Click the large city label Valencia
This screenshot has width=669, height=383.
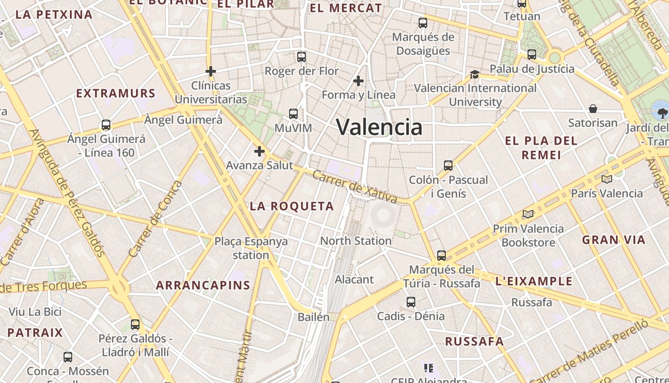pyautogui.click(x=379, y=127)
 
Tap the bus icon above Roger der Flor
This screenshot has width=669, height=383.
pyautogui.click(x=302, y=57)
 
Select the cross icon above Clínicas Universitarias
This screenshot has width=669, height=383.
pyautogui.click(x=211, y=71)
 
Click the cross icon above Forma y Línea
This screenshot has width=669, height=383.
pyautogui.click(x=358, y=81)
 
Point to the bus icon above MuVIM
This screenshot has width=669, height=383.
pyautogui.click(x=293, y=114)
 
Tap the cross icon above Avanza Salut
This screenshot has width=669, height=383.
pyautogui.click(x=259, y=151)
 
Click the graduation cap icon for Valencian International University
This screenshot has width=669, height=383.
pyautogui.click(x=475, y=74)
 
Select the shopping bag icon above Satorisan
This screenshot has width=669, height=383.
pyautogui.click(x=593, y=109)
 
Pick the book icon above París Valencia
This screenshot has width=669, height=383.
pyautogui.click(x=607, y=180)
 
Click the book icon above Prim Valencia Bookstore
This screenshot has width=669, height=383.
pyautogui.click(x=528, y=214)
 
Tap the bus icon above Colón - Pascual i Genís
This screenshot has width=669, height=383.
pyautogui.click(x=448, y=166)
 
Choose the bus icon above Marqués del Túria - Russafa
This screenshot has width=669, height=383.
pyautogui.click(x=442, y=255)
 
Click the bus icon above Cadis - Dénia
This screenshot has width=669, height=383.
pyautogui.click(x=411, y=302)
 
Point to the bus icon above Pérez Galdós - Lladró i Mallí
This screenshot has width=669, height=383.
pyautogui.click(x=135, y=324)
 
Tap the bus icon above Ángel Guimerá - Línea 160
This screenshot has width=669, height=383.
pyautogui.click(x=106, y=125)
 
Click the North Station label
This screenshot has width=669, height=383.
pyautogui.click(x=356, y=241)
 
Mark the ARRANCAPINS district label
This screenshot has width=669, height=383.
pyautogui.click(x=203, y=285)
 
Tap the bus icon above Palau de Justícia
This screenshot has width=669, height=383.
pyautogui.click(x=532, y=55)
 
